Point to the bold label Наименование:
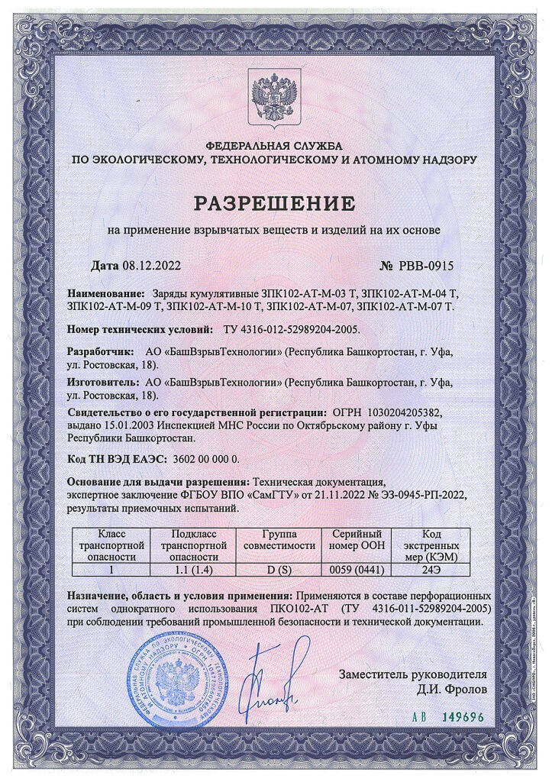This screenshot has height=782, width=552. pos(106,293)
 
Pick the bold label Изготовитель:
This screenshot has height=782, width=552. pos(103,381)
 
